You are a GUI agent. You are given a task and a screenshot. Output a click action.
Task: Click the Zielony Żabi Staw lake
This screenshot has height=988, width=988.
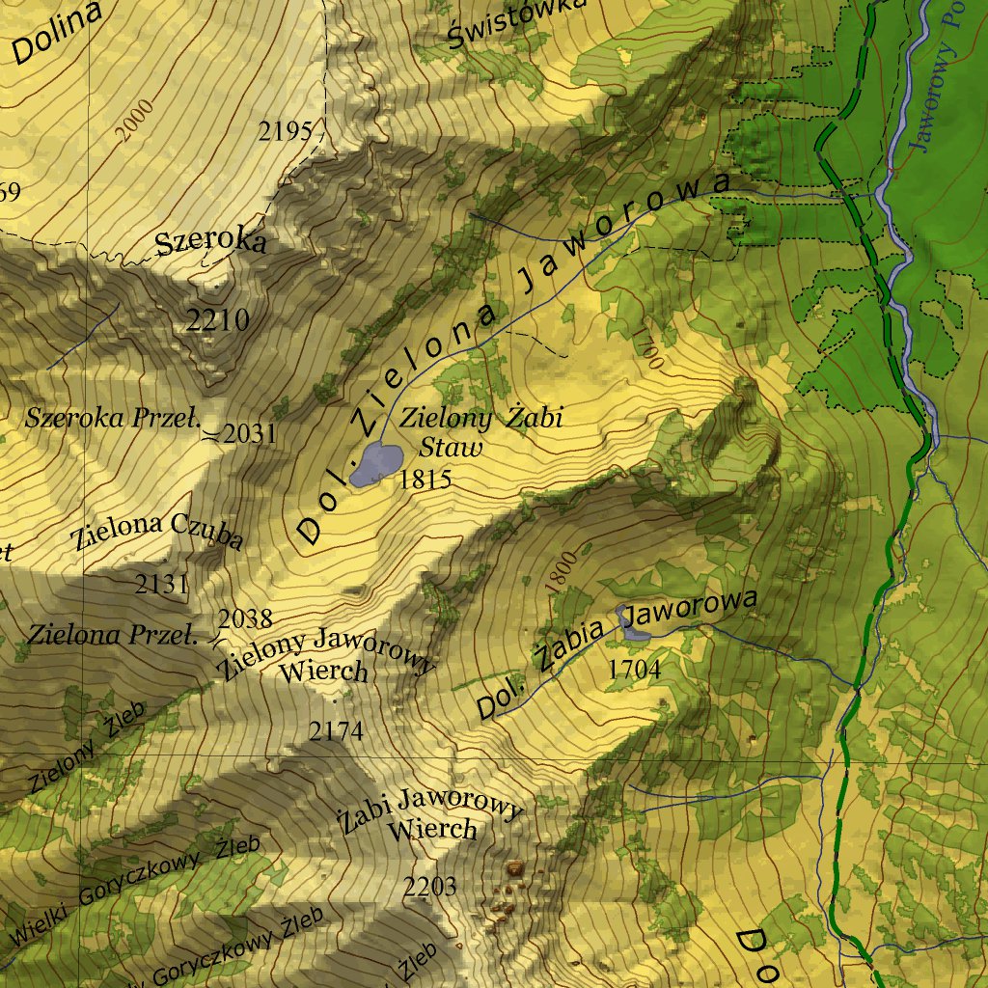[x=374, y=464]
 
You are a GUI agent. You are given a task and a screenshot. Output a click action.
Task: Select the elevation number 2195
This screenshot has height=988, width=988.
[x=286, y=131]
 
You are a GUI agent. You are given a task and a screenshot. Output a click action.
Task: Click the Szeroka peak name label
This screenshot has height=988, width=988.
[x=210, y=242]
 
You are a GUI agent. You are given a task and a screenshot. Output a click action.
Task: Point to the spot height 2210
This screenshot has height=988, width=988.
[x=217, y=319]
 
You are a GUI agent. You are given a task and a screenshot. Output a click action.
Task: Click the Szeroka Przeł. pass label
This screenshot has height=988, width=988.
[x=112, y=419]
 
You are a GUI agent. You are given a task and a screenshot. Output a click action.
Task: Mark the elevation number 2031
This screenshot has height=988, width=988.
[x=249, y=434]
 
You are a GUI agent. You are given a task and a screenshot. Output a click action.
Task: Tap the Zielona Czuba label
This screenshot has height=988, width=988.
[x=157, y=532]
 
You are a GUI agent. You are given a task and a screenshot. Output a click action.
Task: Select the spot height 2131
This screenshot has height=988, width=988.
[x=161, y=584]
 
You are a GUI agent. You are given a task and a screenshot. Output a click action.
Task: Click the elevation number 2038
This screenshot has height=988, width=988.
[x=245, y=618]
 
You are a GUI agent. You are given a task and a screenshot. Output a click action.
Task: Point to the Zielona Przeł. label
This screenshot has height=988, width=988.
[x=112, y=635]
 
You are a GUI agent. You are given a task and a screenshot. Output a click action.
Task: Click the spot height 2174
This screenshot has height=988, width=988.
[x=336, y=731]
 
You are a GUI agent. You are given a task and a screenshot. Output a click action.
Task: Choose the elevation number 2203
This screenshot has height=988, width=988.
[x=429, y=887]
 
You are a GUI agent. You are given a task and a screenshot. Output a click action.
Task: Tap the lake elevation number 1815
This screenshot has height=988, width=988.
[x=425, y=479]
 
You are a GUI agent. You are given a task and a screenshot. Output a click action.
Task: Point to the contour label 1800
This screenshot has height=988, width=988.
[x=560, y=571]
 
